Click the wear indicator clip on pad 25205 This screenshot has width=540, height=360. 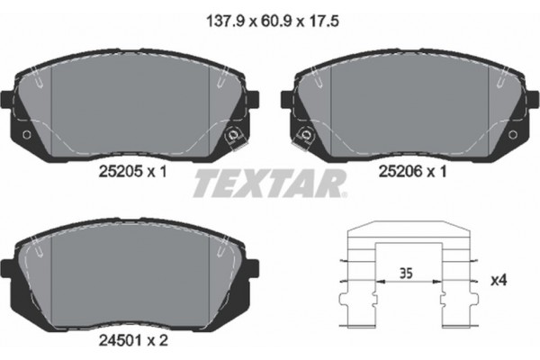click(x=233, y=137)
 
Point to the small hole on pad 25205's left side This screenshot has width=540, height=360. click(x=25, y=136)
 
